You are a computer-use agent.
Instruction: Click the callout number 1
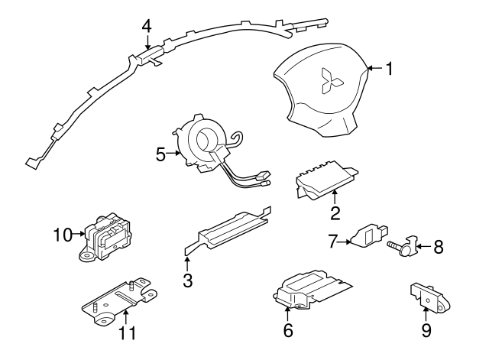click(x=389, y=70)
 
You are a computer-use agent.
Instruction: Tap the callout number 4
click(x=146, y=25)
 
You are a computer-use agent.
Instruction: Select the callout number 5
click(x=161, y=154)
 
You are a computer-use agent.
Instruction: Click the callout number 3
click(x=187, y=280)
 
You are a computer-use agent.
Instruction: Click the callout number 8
click(x=438, y=247)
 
